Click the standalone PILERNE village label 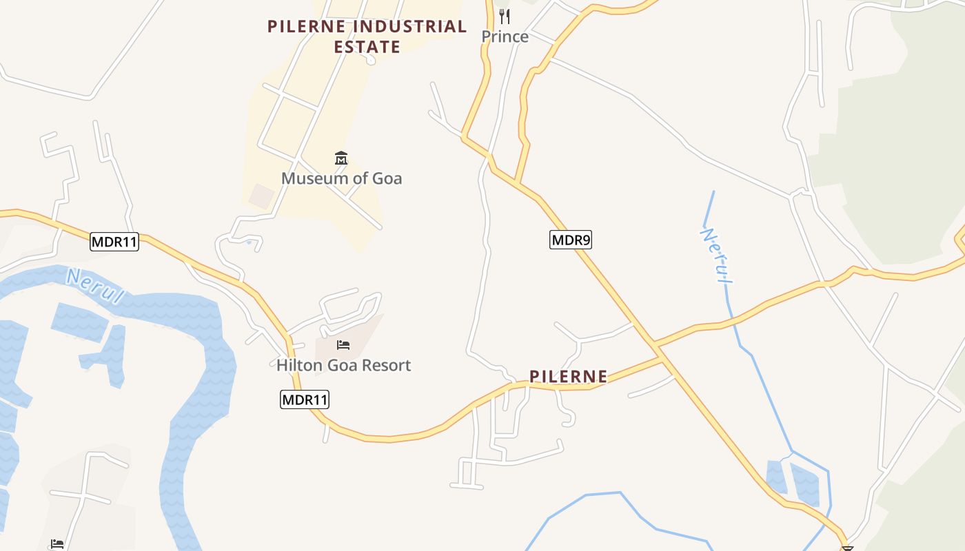[x=568, y=377]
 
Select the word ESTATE [x=367, y=48]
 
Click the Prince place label [x=505, y=37]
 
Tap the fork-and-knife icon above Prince [x=505, y=16]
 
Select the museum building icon [x=341, y=159]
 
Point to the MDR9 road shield [x=570, y=240]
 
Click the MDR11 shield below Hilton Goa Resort [x=304, y=399]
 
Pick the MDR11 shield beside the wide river [x=114, y=242]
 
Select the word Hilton [x=298, y=365]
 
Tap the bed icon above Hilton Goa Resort [x=343, y=344]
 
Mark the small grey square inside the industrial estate [x=261, y=196]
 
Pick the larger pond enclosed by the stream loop [x=804, y=484]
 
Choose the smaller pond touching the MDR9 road [x=776, y=477]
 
